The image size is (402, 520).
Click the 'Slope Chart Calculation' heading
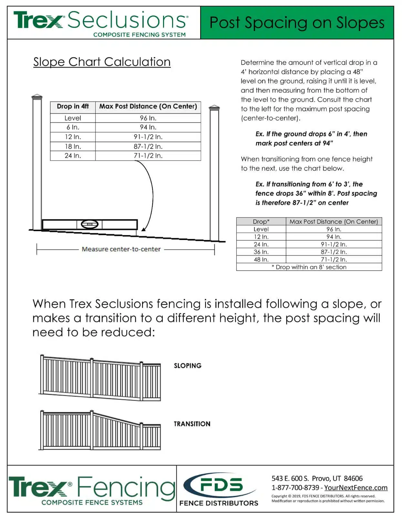pyautogui.click(x=102, y=62)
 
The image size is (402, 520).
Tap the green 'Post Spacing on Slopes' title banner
pyautogui.click(x=297, y=23)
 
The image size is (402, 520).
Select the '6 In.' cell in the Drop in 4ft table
pyautogui.click(x=73, y=127)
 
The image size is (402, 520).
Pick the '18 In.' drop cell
pyautogui.click(x=73, y=146)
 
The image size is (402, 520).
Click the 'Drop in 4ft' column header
pyautogui.click(x=73, y=106)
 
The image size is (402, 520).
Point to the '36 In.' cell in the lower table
pyautogui.click(x=261, y=252)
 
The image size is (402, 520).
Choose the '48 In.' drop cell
pyautogui.click(x=261, y=260)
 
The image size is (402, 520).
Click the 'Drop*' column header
pyautogui.click(x=261, y=222)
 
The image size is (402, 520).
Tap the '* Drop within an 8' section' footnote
pyautogui.click(x=309, y=267)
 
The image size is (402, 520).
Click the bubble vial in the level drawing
pyautogui.click(x=89, y=224)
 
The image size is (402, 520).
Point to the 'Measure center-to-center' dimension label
pyautogui.click(x=121, y=249)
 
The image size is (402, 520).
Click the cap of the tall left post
pyautogui.click(x=37, y=96)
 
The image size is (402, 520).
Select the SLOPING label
pyautogui.click(x=188, y=366)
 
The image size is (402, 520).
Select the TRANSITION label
pyautogui.click(x=192, y=424)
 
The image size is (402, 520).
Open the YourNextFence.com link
pyautogui.click(x=356, y=488)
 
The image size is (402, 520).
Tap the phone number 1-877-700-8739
pyautogui.click(x=295, y=488)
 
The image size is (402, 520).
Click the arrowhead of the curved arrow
pyautogui.click(x=143, y=229)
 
